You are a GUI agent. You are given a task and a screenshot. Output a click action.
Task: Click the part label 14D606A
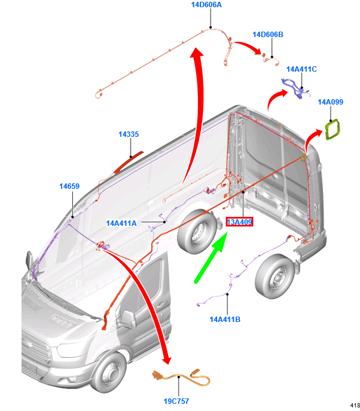click(x=206, y=5)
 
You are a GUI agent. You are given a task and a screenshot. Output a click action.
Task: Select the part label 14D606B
click(x=268, y=35)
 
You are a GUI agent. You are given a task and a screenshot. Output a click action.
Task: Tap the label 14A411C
click(x=301, y=69)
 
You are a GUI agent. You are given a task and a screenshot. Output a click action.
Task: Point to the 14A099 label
click(x=330, y=102)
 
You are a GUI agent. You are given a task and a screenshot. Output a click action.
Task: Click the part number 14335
click(x=129, y=134)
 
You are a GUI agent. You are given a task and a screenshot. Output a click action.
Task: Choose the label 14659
click(x=69, y=186)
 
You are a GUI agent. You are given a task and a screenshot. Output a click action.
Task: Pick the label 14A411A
click(x=121, y=223)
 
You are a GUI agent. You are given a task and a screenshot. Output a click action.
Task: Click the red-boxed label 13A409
click(x=239, y=222)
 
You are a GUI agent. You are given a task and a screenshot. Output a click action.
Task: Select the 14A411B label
click(x=225, y=319)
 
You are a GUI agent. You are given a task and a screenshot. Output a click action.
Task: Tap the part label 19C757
click(x=176, y=401)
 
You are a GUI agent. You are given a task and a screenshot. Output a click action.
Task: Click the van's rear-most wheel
click(x=274, y=276)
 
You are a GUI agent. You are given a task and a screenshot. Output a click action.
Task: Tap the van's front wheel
click(x=108, y=372)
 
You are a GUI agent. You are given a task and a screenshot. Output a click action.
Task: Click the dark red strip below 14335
click(x=129, y=162)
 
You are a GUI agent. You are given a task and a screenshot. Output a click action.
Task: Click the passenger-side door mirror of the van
click(x=128, y=319)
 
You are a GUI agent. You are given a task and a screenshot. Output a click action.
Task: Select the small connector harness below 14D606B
click(x=270, y=60)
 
